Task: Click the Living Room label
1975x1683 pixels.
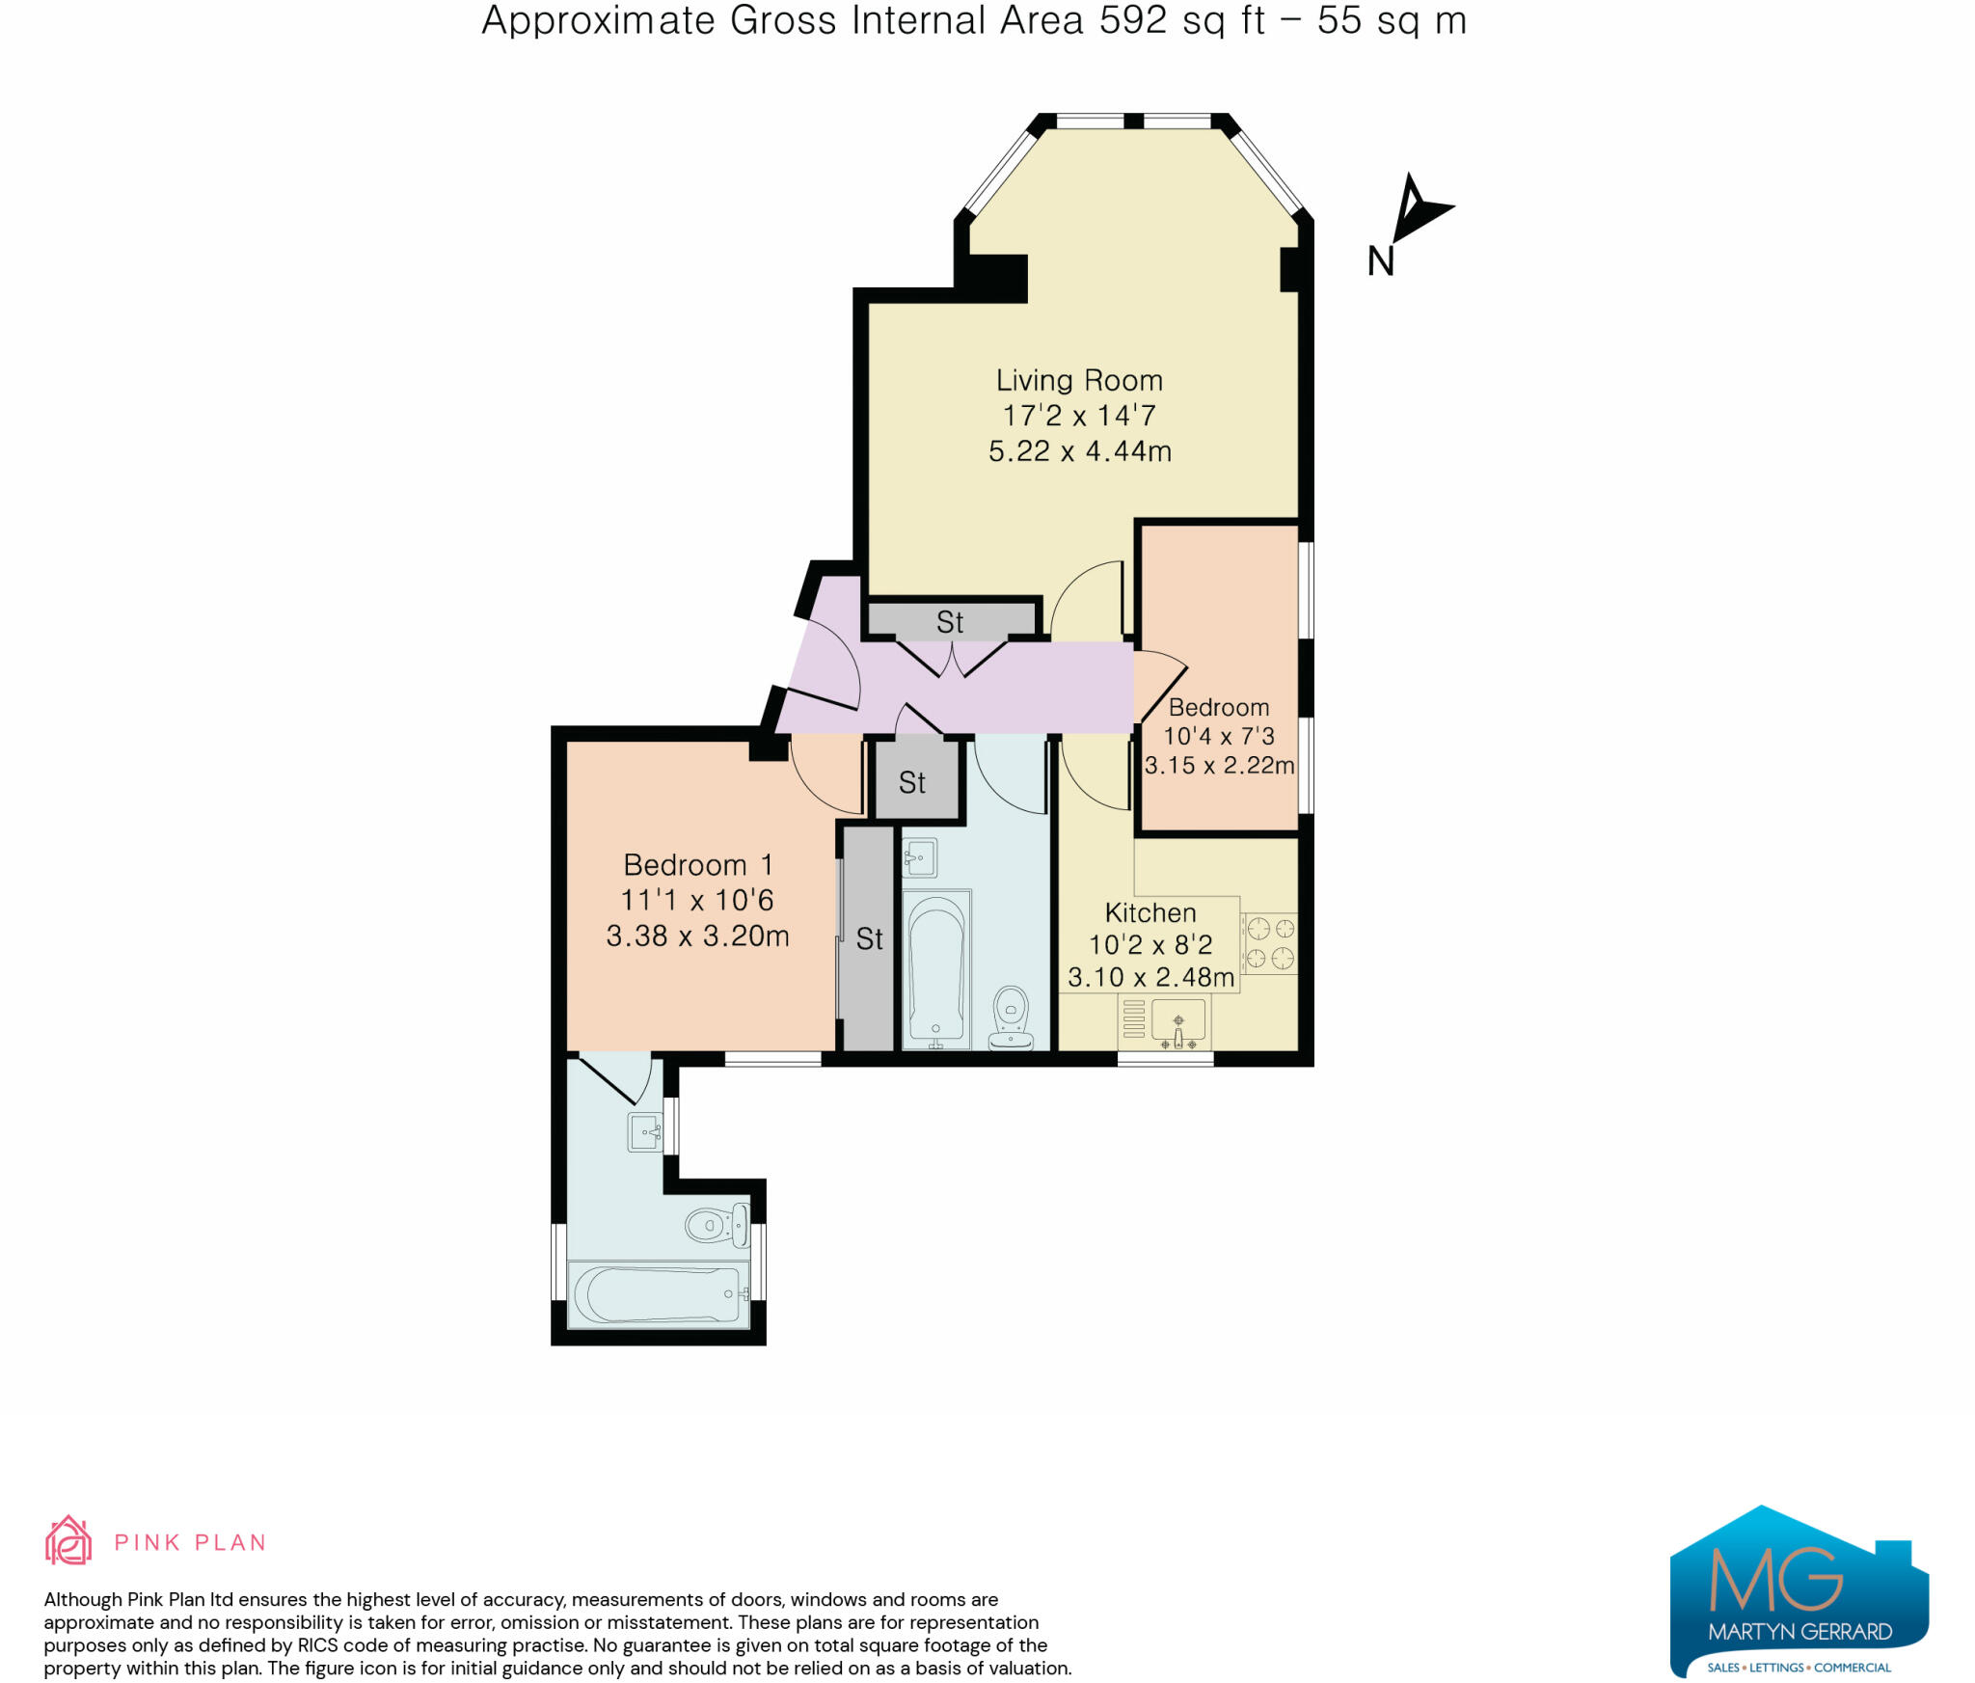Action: click(x=1079, y=380)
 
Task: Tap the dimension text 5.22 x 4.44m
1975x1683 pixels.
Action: click(x=1079, y=450)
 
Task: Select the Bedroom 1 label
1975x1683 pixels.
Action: click(x=697, y=864)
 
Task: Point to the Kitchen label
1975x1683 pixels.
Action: click(x=1150, y=912)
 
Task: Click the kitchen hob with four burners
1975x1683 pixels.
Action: click(x=1269, y=943)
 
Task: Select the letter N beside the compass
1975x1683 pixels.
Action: click(x=1380, y=261)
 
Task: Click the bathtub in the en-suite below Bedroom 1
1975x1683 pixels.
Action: click(x=660, y=1294)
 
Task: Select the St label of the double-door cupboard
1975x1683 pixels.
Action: click(x=950, y=622)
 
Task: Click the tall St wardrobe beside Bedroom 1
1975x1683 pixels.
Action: click(x=868, y=938)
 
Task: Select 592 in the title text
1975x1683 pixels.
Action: click(x=1133, y=20)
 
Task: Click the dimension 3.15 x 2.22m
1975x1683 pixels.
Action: click(x=1219, y=765)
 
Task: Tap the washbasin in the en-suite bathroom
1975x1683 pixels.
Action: click(x=645, y=1131)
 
